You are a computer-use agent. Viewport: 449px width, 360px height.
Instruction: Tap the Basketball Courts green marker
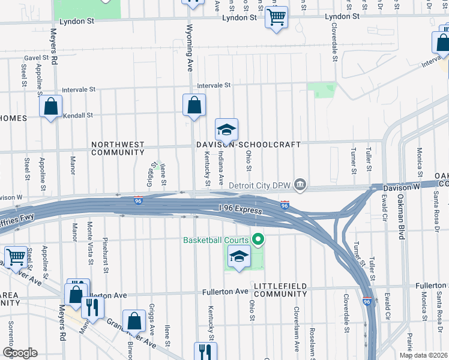(x=259, y=241)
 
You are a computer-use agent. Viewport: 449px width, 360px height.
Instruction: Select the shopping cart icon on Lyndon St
(x=276, y=18)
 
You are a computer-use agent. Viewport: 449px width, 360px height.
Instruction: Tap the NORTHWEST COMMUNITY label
(x=118, y=148)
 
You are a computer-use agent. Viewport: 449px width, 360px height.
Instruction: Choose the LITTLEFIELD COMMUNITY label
(x=280, y=290)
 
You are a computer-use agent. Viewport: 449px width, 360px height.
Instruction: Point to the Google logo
(x=19, y=353)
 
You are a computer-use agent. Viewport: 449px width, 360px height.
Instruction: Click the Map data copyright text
(x=423, y=355)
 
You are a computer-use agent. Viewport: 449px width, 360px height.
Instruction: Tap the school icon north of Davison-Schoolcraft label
(x=227, y=130)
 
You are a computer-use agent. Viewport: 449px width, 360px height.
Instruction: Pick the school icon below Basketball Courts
(x=239, y=257)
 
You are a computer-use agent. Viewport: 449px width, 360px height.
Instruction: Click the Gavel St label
(x=35, y=58)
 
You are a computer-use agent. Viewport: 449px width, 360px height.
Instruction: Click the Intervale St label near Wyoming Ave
(x=214, y=85)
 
